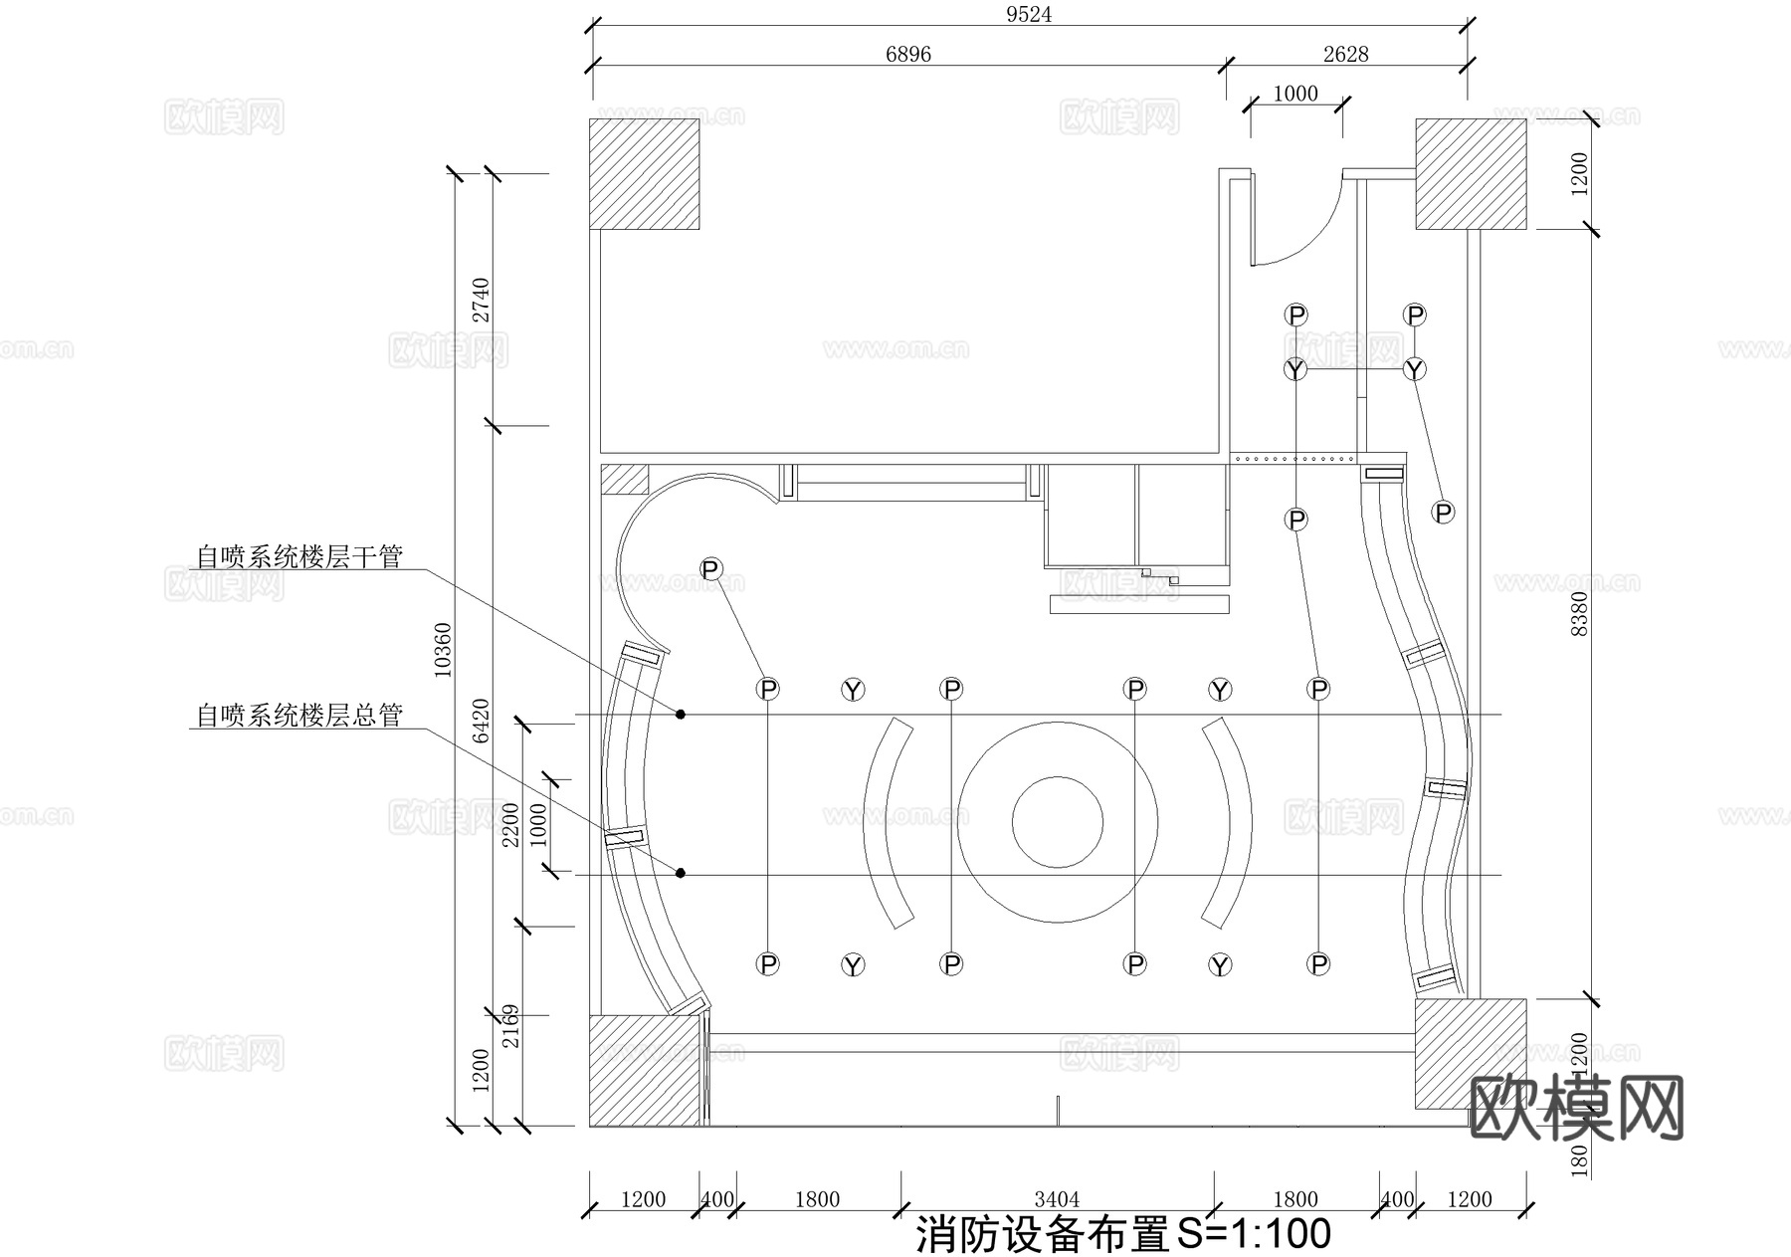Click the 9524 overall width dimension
tap(1029, 15)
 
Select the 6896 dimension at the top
tap(907, 54)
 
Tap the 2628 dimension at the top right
tap(1345, 54)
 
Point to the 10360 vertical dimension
tap(443, 650)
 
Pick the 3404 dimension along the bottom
tap(1057, 1199)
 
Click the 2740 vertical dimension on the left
tap(481, 300)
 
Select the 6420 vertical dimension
tap(481, 721)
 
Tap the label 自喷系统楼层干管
tap(298, 556)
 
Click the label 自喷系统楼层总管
tap(298, 716)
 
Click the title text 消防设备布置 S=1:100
tap(1122, 1235)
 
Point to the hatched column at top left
tap(644, 174)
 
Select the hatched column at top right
tap(1471, 174)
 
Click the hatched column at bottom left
tap(644, 1071)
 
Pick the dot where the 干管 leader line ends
tap(681, 714)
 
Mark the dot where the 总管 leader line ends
tap(681, 873)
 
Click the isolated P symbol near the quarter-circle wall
tap(710, 569)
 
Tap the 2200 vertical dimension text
tap(510, 824)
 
